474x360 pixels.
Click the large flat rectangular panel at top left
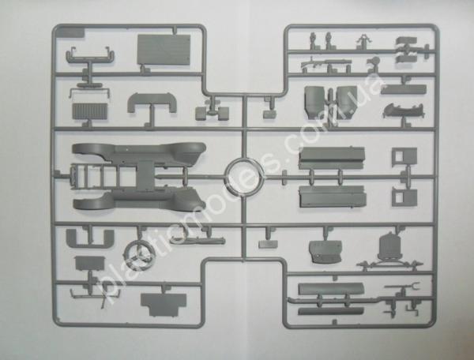[164, 50]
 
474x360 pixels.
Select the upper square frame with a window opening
[404, 157]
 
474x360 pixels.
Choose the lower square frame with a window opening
[404, 197]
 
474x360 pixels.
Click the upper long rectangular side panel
[332, 158]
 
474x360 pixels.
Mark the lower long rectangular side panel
[333, 197]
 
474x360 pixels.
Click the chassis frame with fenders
[139, 177]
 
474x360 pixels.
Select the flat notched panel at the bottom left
[164, 304]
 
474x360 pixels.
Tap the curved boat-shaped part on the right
[403, 111]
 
